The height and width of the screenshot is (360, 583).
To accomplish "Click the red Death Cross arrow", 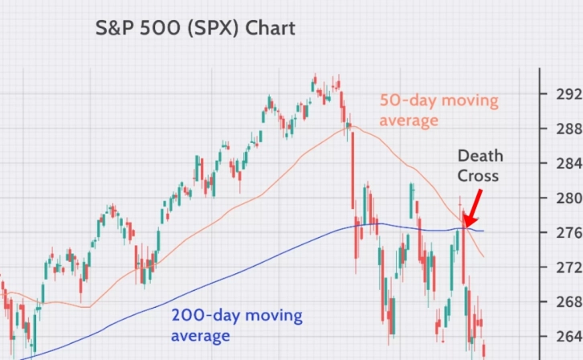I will pyautogui.click(x=475, y=207).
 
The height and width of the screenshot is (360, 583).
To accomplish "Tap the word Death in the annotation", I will pyautogui.click(x=480, y=156).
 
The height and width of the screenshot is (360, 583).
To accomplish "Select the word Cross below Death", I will pyautogui.click(x=479, y=175).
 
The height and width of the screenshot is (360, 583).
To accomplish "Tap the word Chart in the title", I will pyautogui.click(x=271, y=28).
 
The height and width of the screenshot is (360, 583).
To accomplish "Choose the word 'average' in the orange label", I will pyautogui.click(x=410, y=121).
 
